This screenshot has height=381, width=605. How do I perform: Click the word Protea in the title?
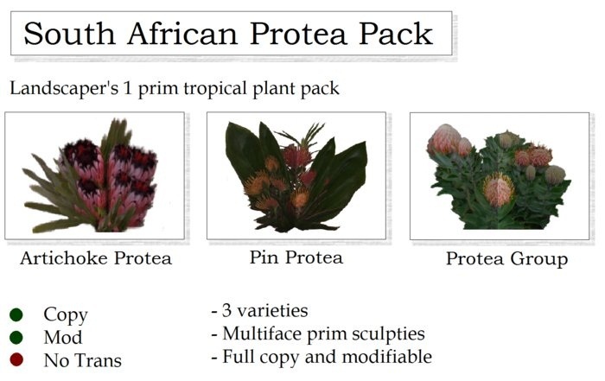299,34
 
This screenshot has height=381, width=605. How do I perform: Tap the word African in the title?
182,34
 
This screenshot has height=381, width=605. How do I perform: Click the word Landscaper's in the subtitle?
60,88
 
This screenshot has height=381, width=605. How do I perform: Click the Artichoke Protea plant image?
95,176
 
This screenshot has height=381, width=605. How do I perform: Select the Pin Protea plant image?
296,176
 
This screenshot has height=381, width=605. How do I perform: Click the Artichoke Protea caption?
95,257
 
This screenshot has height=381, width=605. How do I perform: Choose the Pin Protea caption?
296,257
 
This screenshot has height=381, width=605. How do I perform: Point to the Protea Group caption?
506,259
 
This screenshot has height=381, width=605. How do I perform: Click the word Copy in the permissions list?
66,315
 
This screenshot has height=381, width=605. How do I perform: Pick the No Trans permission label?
82,359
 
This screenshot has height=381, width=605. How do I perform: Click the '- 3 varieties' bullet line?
259,310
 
